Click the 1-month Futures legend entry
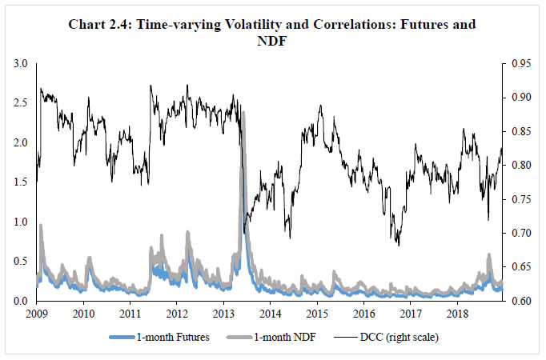(175, 338)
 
